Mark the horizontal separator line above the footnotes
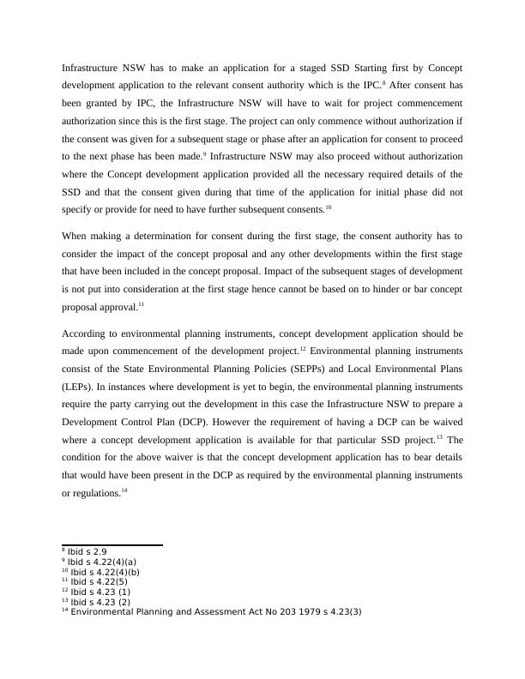click(112, 544)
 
